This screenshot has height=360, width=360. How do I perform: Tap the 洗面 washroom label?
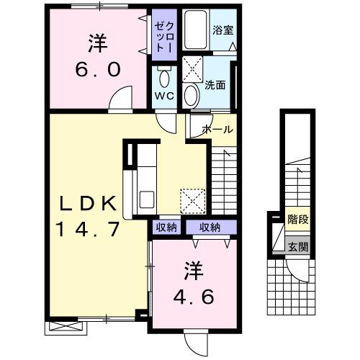point(215,85)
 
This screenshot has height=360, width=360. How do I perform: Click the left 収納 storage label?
point(166,227)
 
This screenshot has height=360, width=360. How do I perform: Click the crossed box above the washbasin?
point(192,69)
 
